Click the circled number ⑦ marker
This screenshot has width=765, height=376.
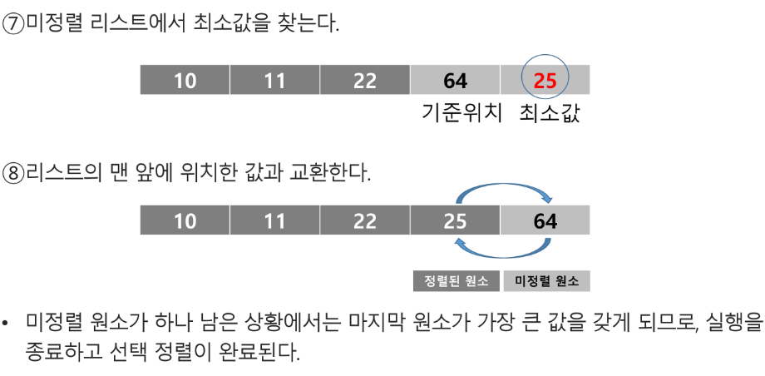(14, 24)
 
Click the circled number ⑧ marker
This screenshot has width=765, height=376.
(14, 174)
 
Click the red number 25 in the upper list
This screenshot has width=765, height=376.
(545, 81)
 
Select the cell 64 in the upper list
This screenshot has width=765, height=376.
(455, 81)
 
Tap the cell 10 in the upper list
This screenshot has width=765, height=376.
(185, 81)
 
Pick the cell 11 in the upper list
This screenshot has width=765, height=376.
(274, 81)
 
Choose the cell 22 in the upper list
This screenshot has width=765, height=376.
(364, 81)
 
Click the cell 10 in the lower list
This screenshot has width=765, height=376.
(185, 221)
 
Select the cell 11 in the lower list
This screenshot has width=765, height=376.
(274, 221)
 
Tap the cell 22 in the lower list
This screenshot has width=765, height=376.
(364, 221)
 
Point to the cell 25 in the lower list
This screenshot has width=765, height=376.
(455, 221)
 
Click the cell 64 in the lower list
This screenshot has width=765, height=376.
(545, 221)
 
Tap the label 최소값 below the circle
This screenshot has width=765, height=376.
(549, 112)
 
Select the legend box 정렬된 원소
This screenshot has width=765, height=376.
(457, 281)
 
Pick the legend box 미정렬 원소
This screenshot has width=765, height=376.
(545, 281)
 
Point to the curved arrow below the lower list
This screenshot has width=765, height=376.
(503, 252)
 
